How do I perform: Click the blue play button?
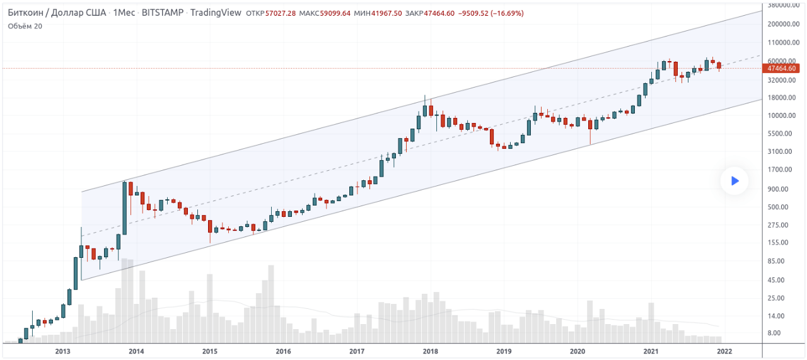pos(734,181)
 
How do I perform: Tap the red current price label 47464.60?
pos(781,68)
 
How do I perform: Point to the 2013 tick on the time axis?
pos(62,351)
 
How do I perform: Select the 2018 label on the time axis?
pos(430,351)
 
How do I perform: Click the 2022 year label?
pos(724,351)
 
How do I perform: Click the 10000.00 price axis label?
pos(781,115)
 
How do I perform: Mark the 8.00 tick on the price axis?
pos(773,333)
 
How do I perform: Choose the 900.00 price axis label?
pos(777,189)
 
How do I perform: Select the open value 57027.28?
pos(281,13)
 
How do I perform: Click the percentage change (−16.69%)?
pos(501,13)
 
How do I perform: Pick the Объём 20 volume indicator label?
pos(25,26)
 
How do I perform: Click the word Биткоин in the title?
pos(25,13)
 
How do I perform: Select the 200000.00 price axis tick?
pos(781,24)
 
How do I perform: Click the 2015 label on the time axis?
pos(209,351)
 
